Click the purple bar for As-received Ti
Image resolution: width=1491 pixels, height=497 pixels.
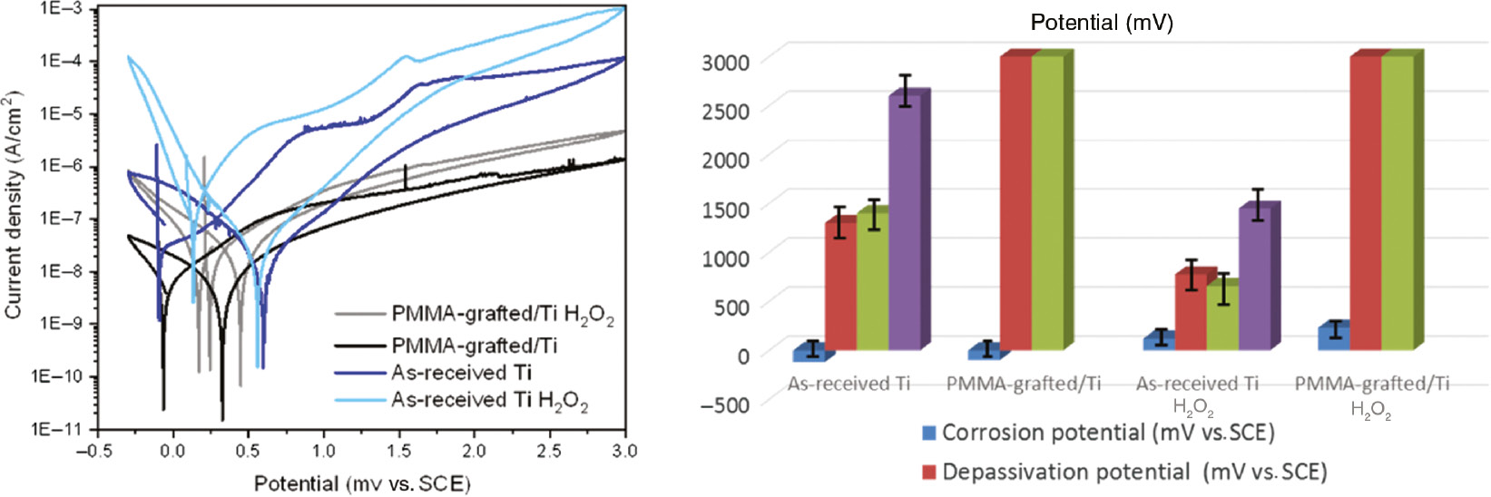click(x=904, y=222)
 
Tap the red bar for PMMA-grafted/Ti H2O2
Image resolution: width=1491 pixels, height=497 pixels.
click(x=1365, y=203)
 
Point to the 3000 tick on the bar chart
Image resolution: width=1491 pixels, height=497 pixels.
click(x=725, y=62)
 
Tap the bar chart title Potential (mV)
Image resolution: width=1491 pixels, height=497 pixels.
click(x=1101, y=23)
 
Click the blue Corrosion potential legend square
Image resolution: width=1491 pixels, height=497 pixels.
click(x=928, y=433)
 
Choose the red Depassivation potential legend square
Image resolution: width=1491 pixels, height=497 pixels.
click(x=928, y=472)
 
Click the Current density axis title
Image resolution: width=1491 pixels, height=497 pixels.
click(x=13, y=205)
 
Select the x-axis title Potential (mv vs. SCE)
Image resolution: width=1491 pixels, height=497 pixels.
click(x=362, y=483)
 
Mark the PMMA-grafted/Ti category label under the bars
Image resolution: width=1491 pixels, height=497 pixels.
click(x=1023, y=384)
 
